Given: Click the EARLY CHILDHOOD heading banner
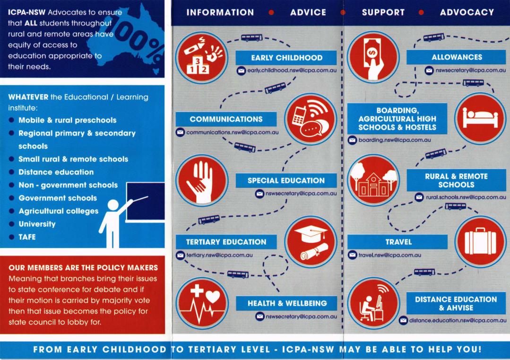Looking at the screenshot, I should [x=286, y=58].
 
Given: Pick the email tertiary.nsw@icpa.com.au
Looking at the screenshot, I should [x=219, y=255].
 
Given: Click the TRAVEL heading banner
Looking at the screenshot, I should [x=398, y=242].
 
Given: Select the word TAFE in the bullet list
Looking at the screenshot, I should [x=27, y=237].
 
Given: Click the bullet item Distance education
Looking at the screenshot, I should [x=56, y=172].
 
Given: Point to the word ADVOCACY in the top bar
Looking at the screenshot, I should [x=467, y=13].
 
